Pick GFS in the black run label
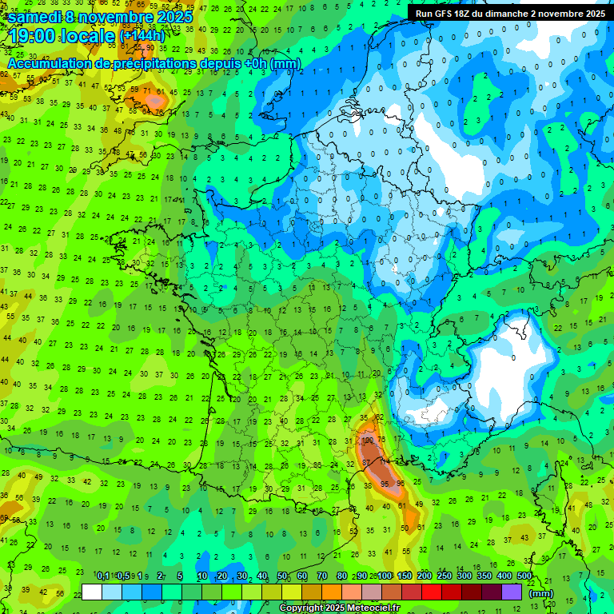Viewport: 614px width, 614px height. click(x=450, y=14)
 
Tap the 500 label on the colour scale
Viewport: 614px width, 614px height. click(x=524, y=576)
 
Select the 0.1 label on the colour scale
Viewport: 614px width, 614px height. click(x=103, y=576)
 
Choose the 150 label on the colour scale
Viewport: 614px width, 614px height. click(x=405, y=576)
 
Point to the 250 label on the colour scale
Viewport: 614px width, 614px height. click(x=445, y=576)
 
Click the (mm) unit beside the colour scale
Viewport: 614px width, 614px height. click(x=542, y=593)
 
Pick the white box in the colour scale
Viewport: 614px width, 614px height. click(x=92, y=592)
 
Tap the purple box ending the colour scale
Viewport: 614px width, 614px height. click(x=512, y=592)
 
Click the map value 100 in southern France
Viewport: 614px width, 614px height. click(x=369, y=440)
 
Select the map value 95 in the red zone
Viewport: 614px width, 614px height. click(x=385, y=484)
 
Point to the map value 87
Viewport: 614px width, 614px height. click(x=366, y=462)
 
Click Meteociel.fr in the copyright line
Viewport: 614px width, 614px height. click(x=373, y=608)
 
